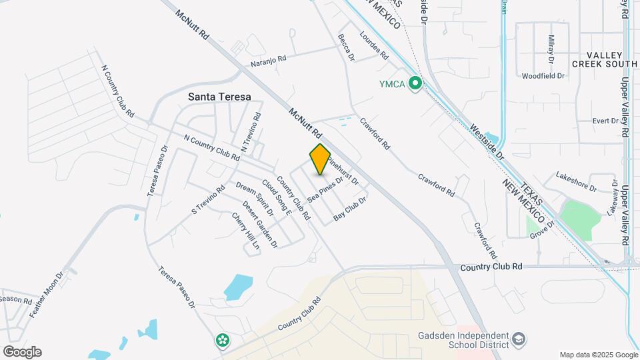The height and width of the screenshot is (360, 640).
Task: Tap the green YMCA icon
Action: tap(415, 83)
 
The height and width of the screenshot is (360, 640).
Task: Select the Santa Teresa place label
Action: tap(219, 97)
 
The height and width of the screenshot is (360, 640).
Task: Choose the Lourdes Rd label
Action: tap(373, 46)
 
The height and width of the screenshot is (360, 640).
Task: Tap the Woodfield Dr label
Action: tap(543, 76)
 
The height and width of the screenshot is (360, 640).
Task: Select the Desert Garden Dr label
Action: tap(260, 225)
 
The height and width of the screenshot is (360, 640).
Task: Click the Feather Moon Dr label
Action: tap(50, 293)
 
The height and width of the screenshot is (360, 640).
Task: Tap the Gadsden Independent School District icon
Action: tap(517, 341)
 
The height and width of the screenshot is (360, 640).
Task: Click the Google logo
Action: tap(22, 352)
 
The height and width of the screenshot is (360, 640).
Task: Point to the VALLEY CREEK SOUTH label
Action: tap(605, 59)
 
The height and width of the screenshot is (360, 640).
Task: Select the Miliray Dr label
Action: tap(551, 48)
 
